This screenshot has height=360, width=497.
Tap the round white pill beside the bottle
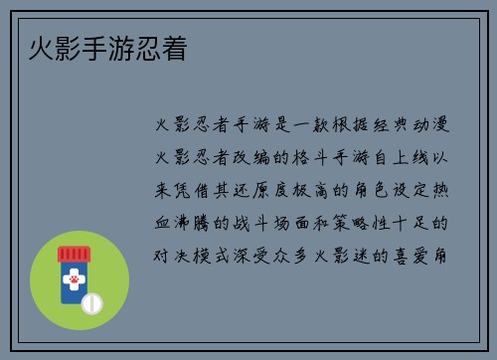click(91, 301)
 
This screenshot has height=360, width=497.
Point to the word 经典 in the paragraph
click(367, 125)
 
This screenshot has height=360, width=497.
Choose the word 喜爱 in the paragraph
click(415, 255)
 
